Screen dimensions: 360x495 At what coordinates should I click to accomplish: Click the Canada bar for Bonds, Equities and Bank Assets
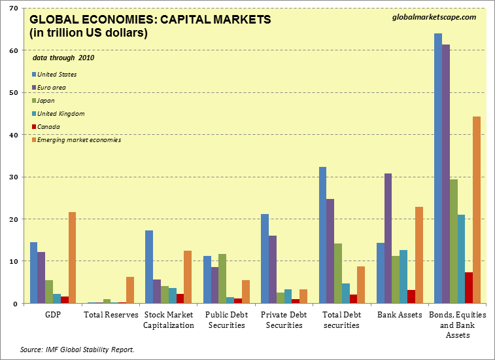(469, 287)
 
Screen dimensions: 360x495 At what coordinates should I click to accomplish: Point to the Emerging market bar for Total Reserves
(130, 290)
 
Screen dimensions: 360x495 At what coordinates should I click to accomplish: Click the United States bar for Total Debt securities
(323, 235)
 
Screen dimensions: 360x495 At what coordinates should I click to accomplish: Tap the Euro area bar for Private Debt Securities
(273, 269)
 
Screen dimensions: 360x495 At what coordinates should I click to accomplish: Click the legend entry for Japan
(46, 100)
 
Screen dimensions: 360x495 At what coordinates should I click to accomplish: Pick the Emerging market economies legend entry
(78, 139)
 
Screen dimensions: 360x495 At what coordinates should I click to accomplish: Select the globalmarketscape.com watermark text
(434, 17)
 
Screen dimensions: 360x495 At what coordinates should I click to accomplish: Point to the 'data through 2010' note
(63, 58)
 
